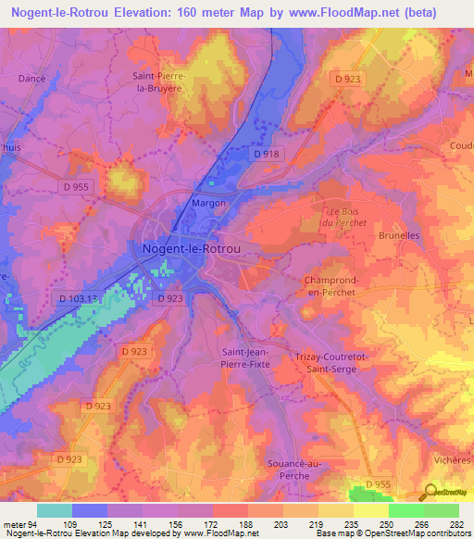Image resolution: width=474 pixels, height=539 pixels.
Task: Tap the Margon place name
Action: (208, 202)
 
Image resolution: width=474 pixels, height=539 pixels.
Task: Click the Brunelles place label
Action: (399, 235)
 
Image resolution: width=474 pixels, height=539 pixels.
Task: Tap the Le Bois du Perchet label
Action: (339, 216)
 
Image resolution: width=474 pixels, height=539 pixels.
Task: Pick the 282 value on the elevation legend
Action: (457, 522)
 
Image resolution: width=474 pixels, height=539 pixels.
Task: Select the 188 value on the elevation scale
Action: (245, 522)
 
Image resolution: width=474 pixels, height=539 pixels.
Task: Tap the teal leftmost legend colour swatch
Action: (54, 510)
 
